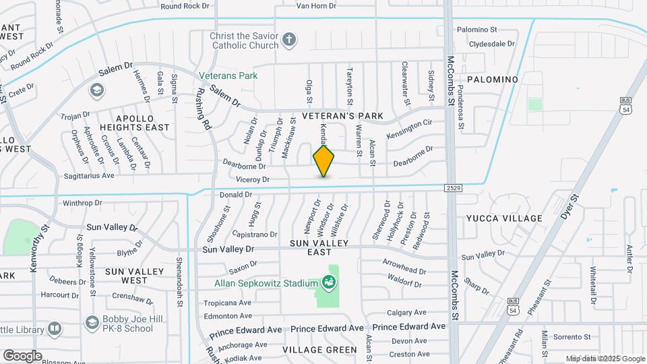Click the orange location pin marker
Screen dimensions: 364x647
324,160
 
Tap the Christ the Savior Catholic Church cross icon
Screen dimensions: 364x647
290,39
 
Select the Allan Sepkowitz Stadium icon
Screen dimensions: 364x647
330,282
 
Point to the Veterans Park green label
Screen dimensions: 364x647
228,76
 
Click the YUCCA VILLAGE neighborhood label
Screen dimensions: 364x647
504,218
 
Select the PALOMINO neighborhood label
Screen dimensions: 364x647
492,80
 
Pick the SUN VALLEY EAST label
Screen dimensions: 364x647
319,247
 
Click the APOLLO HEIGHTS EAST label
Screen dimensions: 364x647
134,121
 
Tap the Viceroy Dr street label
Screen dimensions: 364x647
253,179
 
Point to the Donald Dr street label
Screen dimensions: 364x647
235,194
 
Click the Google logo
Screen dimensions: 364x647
22,355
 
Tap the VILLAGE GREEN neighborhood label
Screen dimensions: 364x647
319,350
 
